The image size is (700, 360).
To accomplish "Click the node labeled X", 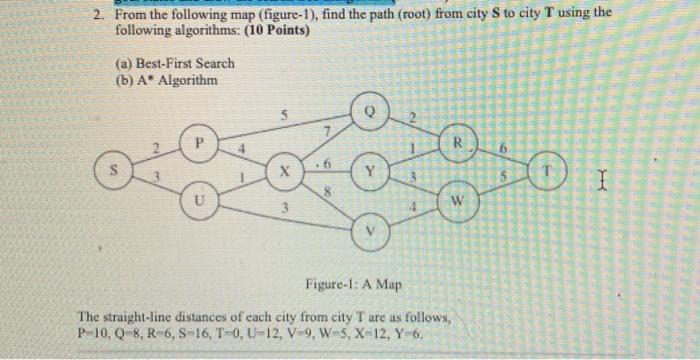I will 285,172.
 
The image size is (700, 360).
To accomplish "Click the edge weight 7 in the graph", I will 325,133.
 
